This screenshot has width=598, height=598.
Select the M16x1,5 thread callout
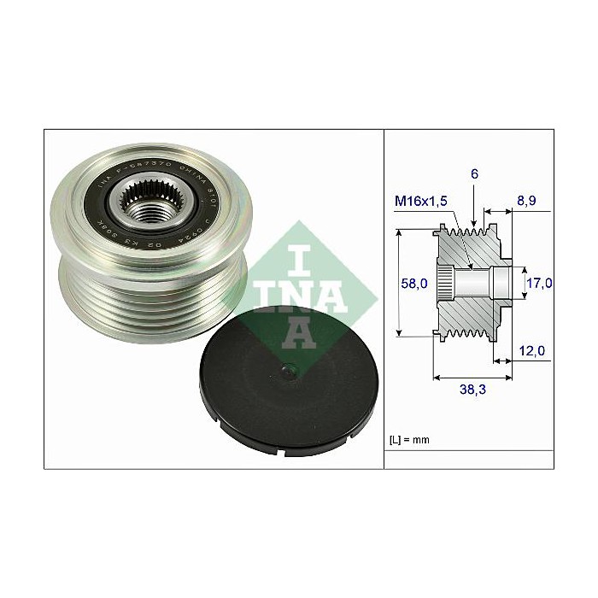tap(421, 201)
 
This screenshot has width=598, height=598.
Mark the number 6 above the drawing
tap(473, 173)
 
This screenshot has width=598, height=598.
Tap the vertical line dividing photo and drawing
tap(384, 299)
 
